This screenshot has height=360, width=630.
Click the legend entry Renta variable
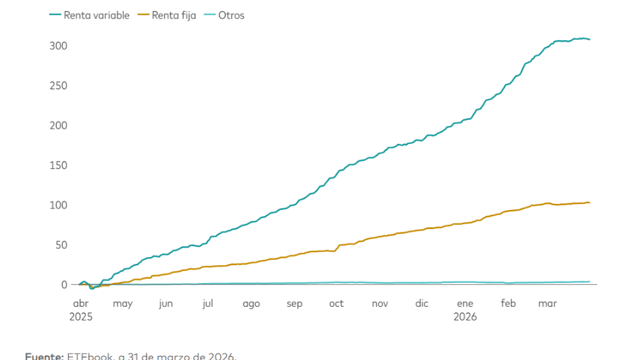96,15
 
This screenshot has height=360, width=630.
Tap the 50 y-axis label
60,245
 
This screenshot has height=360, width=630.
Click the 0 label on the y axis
63,284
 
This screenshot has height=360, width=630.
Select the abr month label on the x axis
80,303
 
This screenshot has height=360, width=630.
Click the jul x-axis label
208,303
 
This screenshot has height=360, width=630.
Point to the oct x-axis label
336,303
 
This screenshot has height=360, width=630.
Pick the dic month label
422,303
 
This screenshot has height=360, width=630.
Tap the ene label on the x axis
465,303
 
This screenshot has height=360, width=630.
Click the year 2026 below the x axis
465,316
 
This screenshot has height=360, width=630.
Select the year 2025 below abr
80,316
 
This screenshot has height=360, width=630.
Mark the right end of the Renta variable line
590,40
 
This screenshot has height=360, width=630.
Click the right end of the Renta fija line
590,202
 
